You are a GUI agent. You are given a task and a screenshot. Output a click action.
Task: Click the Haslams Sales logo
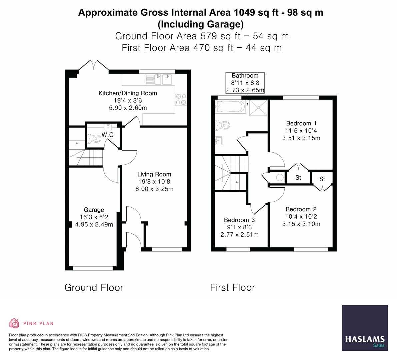365,328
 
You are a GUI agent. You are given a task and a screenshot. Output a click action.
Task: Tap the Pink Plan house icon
14,323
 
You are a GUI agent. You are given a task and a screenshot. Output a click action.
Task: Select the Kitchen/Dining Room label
128,93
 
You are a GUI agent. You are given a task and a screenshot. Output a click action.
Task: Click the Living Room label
154,174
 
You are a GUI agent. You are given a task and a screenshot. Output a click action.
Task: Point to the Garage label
94,210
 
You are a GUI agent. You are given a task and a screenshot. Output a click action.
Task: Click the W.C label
107,135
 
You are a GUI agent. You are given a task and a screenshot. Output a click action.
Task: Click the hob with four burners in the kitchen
181,99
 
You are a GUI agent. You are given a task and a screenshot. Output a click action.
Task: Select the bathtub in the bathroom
230,106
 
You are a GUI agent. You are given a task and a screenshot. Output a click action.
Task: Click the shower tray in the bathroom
258,108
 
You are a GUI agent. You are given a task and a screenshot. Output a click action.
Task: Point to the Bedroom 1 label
301,123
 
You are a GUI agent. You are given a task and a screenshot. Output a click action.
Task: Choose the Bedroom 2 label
301,209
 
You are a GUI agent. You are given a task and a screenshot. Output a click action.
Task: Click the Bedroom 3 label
239,220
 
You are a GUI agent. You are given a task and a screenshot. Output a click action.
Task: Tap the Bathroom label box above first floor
245,83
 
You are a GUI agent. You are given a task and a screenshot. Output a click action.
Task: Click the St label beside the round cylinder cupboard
298,177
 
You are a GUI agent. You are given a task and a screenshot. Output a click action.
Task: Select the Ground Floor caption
94,288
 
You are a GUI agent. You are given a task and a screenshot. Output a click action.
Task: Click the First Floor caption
232,288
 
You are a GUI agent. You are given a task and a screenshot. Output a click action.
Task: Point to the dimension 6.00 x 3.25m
154,189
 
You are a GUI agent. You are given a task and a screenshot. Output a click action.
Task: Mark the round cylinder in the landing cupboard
280,178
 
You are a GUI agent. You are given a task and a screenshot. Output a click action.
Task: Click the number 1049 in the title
245,12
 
